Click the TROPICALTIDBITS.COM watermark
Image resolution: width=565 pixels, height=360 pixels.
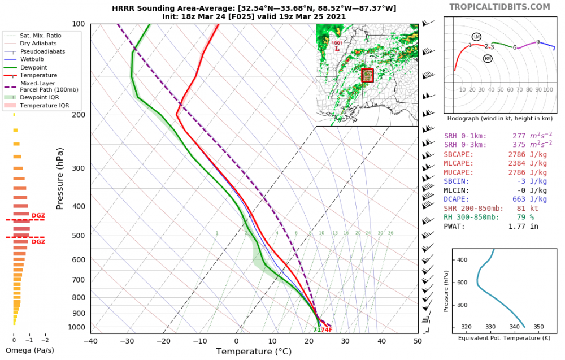(x=499, y=7)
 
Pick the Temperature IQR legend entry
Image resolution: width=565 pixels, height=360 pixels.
(x=45, y=105)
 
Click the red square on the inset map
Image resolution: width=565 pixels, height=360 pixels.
(x=367, y=75)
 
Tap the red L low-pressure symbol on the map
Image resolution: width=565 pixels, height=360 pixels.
(x=337, y=49)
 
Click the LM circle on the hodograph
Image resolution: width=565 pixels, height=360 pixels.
(x=476, y=37)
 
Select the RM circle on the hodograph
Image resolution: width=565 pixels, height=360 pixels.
(x=488, y=59)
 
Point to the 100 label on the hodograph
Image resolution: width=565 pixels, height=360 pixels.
(x=547, y=90)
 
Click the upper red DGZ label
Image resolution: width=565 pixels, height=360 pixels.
(x=38, y=215)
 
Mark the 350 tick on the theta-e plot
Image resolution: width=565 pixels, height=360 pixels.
(x=538, y=327)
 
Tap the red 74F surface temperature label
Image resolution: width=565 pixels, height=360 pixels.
(x=327, y=329)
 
